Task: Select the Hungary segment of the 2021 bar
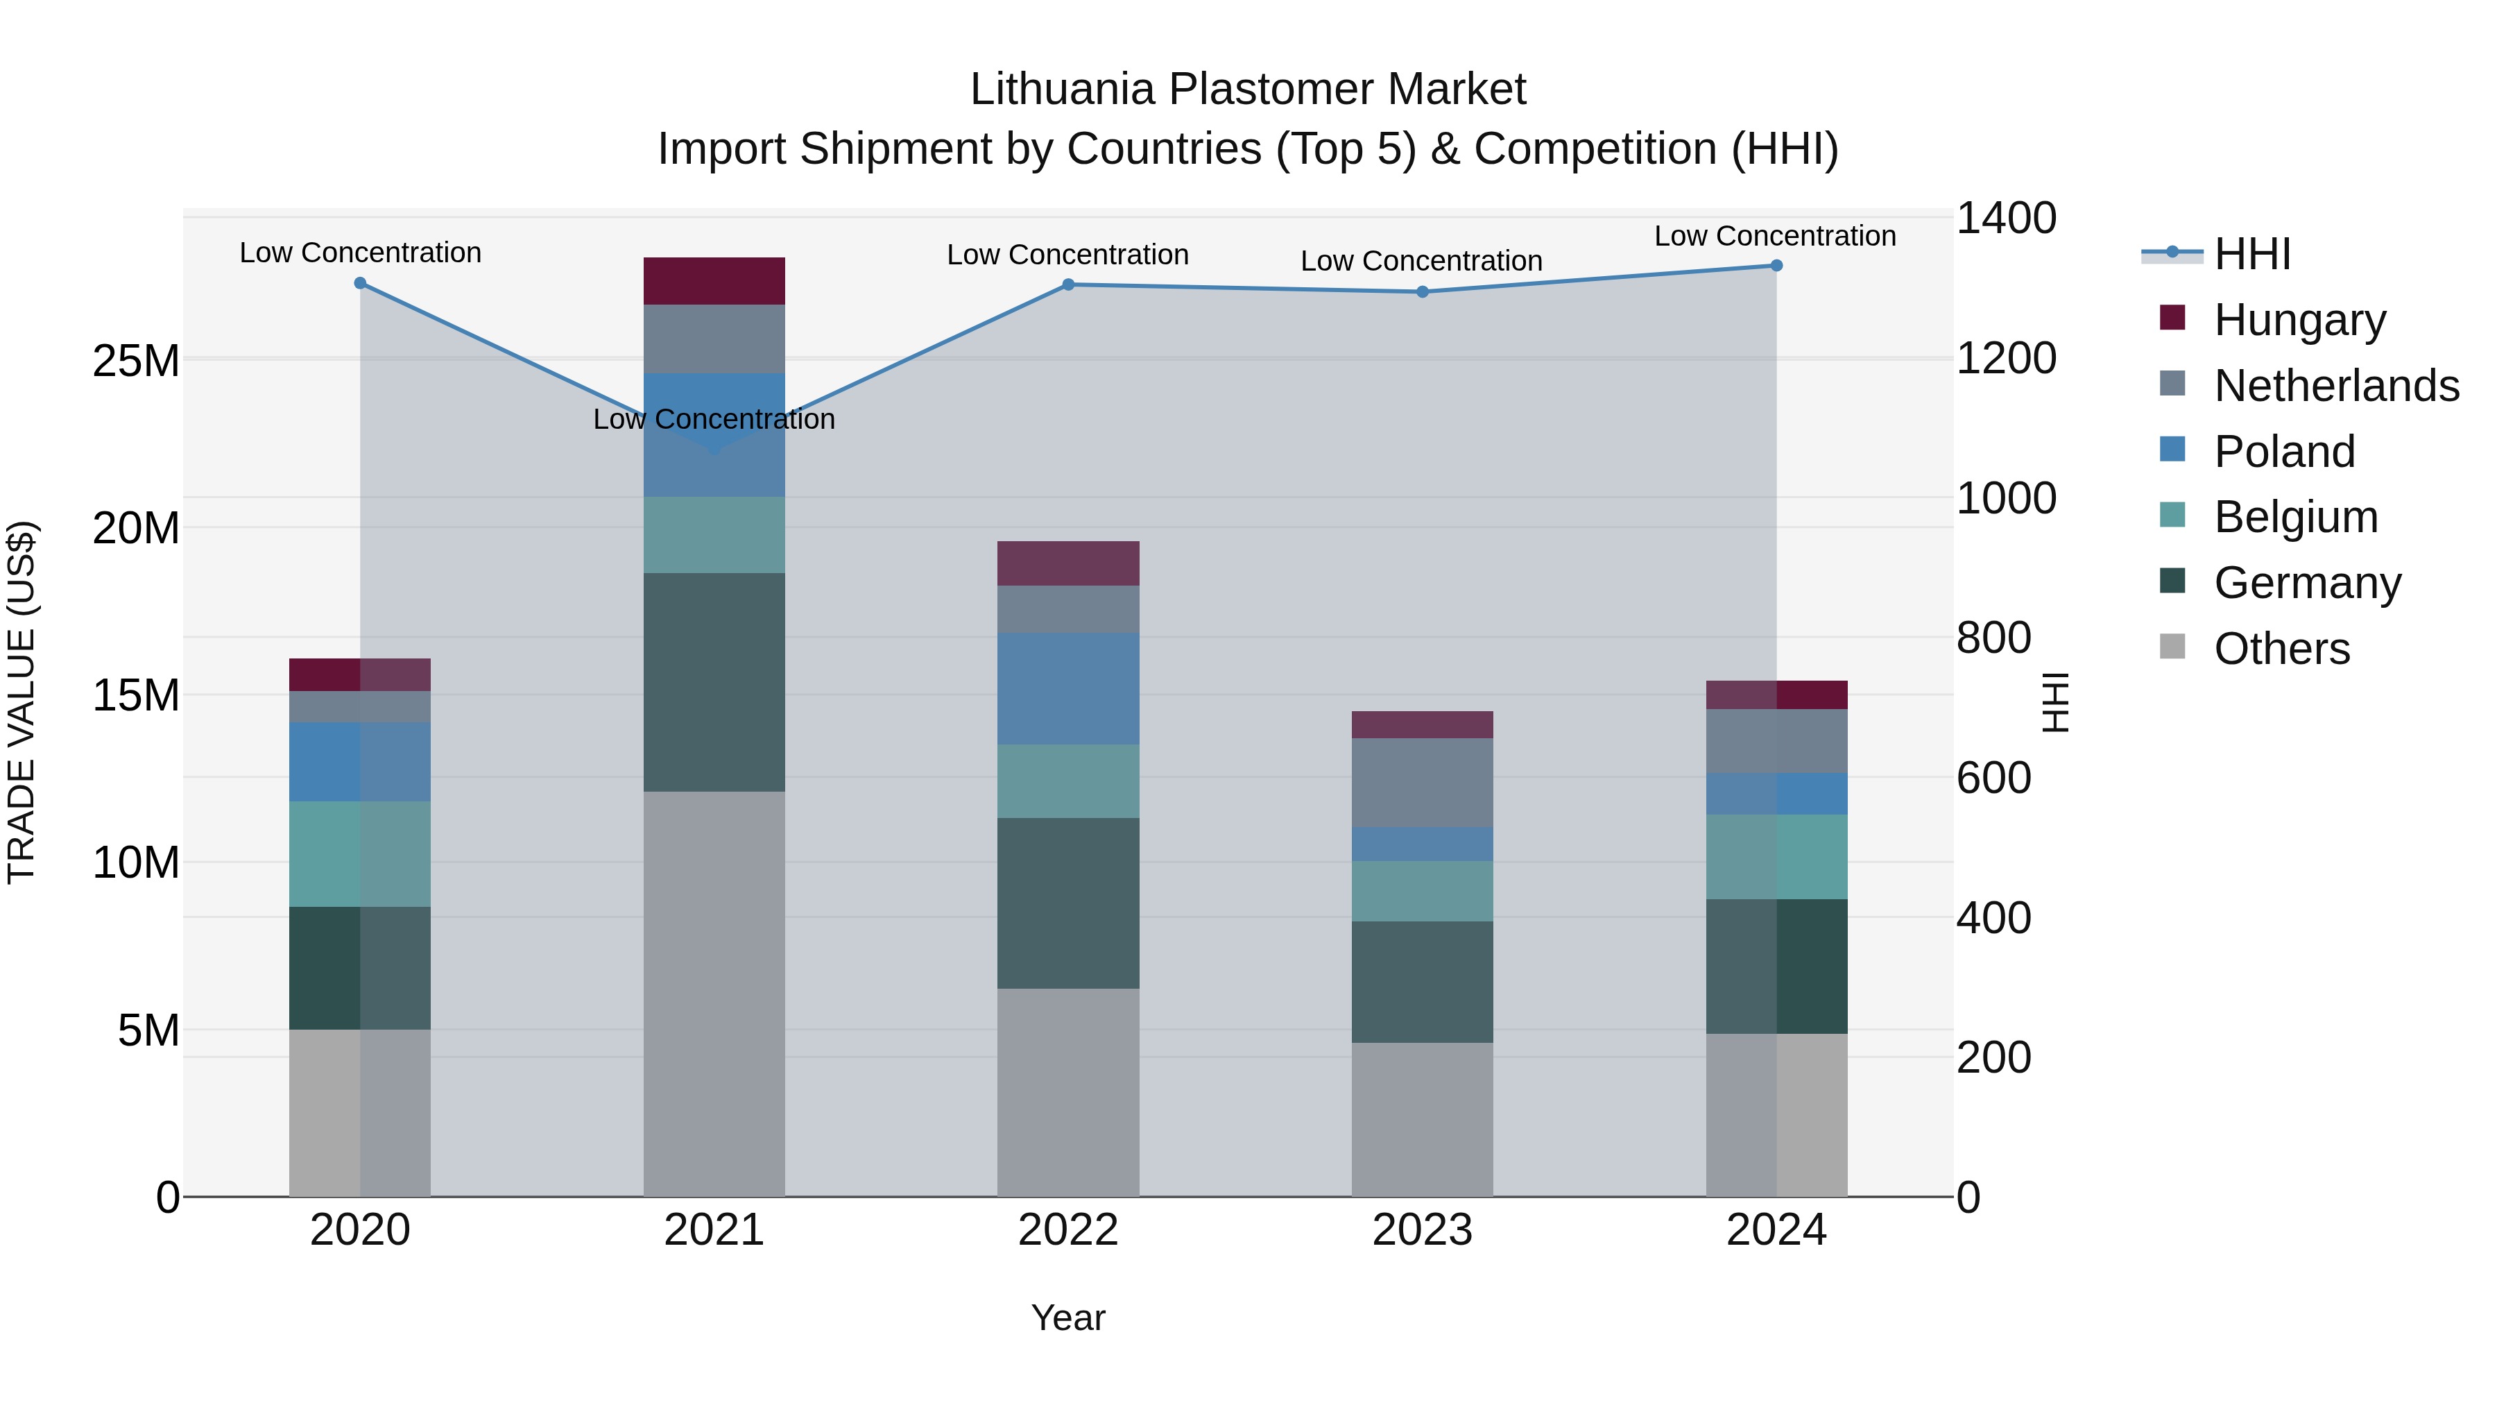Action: point(714,281)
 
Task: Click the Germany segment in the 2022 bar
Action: point(1068,903)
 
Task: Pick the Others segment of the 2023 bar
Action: point(1422,1119)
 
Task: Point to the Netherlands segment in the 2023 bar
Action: point(1422,783)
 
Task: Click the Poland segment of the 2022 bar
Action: point(1068,688)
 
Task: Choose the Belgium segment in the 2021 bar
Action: point(714,534)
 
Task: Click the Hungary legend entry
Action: point(2299,320)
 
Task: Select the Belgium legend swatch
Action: point(2173,515)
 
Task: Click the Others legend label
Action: point(2282,649)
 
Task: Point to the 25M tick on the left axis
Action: point(136,361)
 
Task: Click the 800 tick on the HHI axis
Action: point(1994,638)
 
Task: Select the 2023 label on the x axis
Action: point(1422,1230)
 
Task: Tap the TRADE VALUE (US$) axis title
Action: point(22,702)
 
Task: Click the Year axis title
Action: point(1068,1318)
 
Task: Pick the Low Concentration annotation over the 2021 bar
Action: point(714,419)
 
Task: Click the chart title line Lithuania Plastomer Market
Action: point(1248,90)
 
